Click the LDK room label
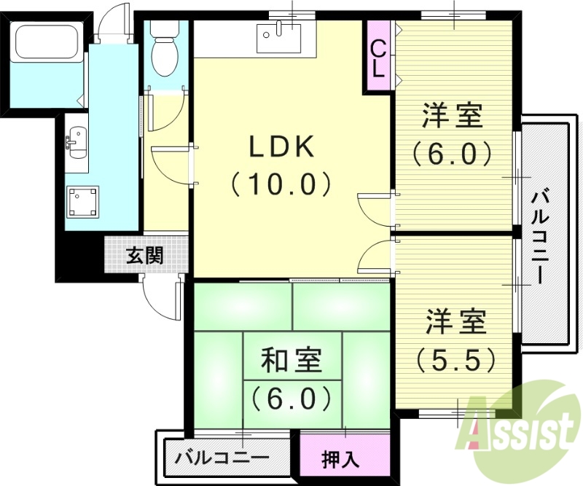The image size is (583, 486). [x=282, y=149]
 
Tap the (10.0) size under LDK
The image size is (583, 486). [x=282, y=184]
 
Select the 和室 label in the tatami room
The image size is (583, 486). [x=291, y=360]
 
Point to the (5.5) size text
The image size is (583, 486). [x=456, y=358]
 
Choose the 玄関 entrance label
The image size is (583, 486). [x=145, y=256]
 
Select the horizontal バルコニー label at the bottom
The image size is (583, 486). [x=222, y=459]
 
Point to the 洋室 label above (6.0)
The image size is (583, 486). [x=455, y=117]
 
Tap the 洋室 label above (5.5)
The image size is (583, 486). [x=456, y=323]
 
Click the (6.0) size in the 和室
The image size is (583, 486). [x=291, y=398]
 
